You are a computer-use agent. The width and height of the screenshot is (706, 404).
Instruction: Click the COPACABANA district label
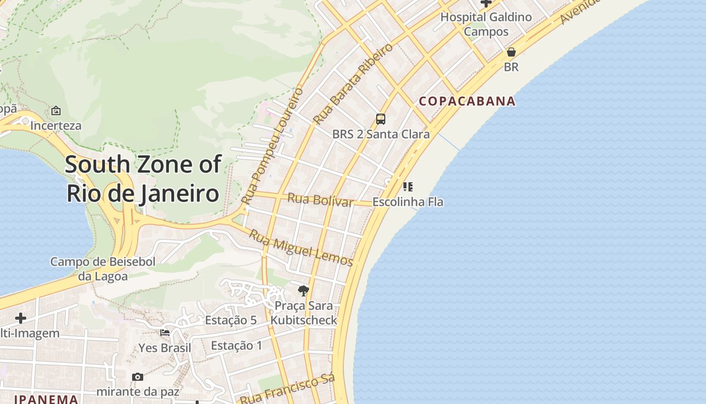(x=467, y=101)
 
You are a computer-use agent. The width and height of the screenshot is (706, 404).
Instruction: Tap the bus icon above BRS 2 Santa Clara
(x=381, y=119)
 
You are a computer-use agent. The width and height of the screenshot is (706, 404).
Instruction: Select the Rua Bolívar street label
(x=320, y=199)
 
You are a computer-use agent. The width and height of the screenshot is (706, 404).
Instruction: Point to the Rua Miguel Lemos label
(x=301, y=247)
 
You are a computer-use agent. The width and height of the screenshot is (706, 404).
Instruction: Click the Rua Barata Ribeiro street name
(x=352, y=84)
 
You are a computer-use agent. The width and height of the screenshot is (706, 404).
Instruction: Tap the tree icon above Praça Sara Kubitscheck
(x=303, y=290)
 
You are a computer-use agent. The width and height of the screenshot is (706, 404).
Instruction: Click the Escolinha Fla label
(x=407, y=202)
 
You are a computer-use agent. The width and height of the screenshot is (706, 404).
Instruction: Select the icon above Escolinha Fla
(x=408, y=187)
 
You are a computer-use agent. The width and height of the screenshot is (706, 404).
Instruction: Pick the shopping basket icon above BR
(x=511, y=52)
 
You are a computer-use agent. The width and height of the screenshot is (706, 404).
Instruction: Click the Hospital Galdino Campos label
(x=486, y=24)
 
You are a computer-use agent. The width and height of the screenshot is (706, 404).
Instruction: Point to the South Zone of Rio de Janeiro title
(x=143, y=179)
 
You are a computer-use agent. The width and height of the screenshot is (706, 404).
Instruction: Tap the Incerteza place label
(x=56, y=125)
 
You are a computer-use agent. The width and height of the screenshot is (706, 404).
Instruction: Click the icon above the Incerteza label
(x=56, y=110)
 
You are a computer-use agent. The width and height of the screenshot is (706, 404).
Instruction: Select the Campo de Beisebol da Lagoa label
(x=103, y=269)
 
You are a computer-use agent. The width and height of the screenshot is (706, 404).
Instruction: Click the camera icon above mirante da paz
(x=137, y=377)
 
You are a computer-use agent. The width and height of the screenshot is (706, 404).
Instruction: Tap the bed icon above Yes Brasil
(x=165, y=333)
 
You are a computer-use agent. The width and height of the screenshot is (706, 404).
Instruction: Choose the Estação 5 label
(x=230, y=320)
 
